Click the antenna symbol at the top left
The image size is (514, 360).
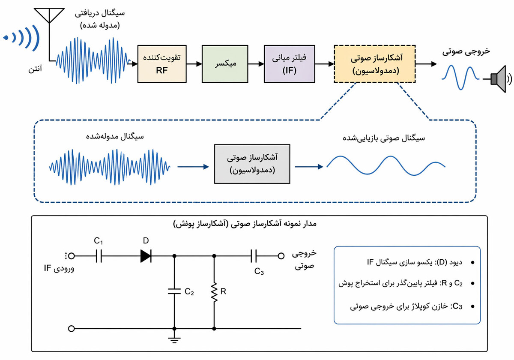tap(50, 15)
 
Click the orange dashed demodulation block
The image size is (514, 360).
tap(374, 63)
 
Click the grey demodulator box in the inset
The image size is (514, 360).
tap(251, 164)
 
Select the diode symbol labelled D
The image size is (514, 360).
tap(146, 256)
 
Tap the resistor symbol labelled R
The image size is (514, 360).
tap(214, 292)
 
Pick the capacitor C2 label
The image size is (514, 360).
tap(189, 292)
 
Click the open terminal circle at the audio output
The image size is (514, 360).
tap(281, 256)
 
